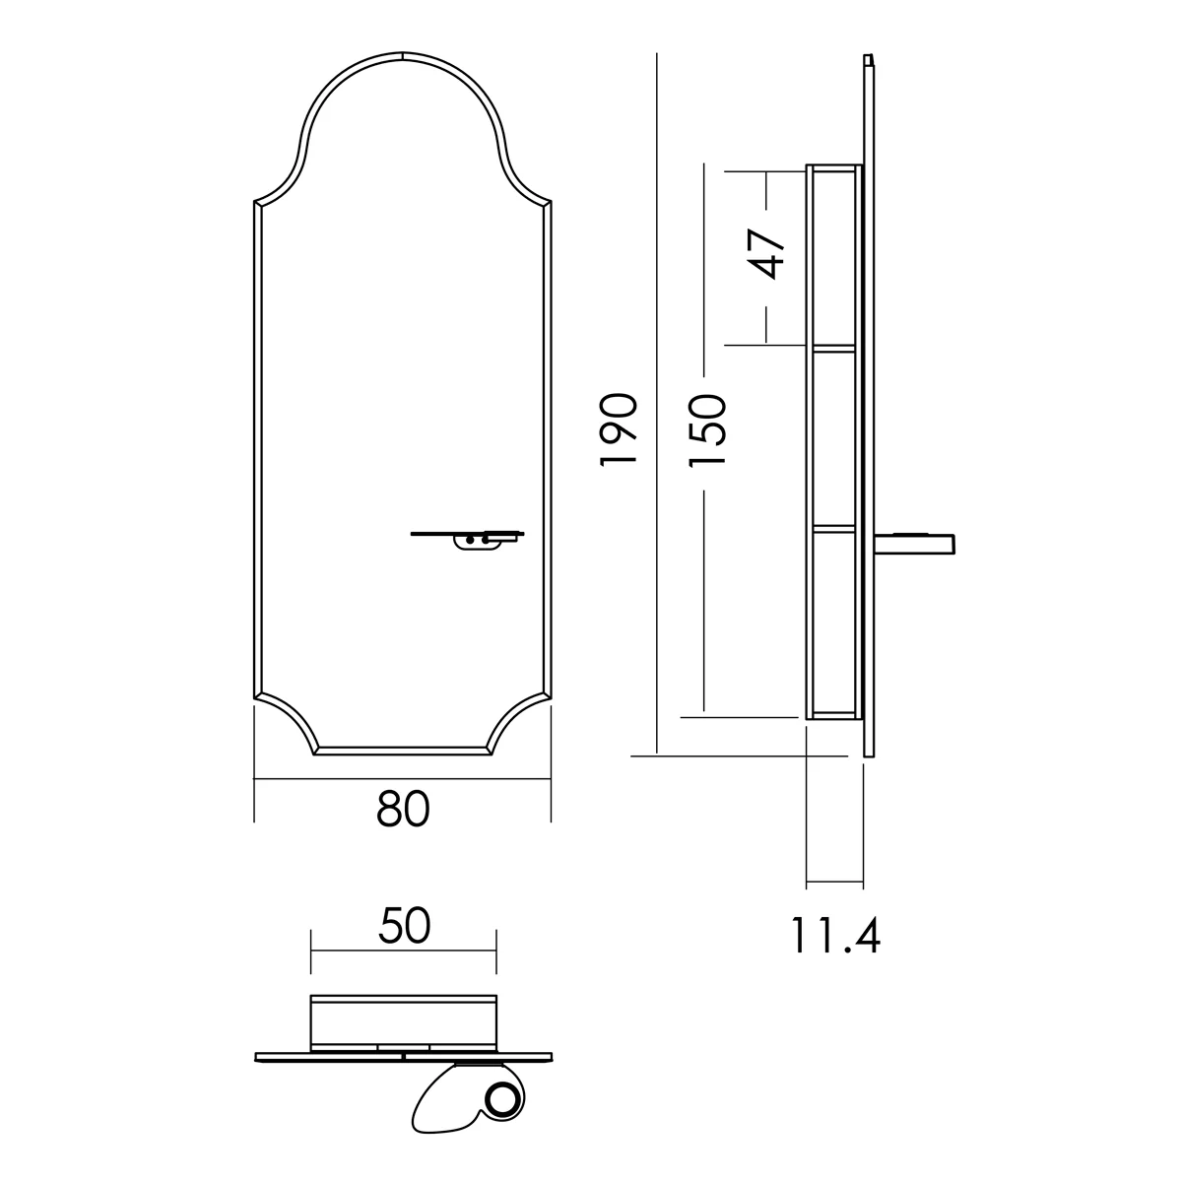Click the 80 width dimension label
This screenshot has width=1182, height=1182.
(x=403, y=809)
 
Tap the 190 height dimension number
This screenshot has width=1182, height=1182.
(x=619, y=430)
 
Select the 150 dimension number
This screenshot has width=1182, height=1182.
(x=707, y=430)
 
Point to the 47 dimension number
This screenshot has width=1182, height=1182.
(x=765, y=254)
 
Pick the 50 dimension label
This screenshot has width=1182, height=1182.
(x=404, y=926)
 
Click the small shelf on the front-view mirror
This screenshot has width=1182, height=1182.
(x=468, y=533)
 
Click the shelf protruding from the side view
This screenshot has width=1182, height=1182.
(x=914, y=544)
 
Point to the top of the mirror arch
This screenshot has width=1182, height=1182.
(x=403, y=54)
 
